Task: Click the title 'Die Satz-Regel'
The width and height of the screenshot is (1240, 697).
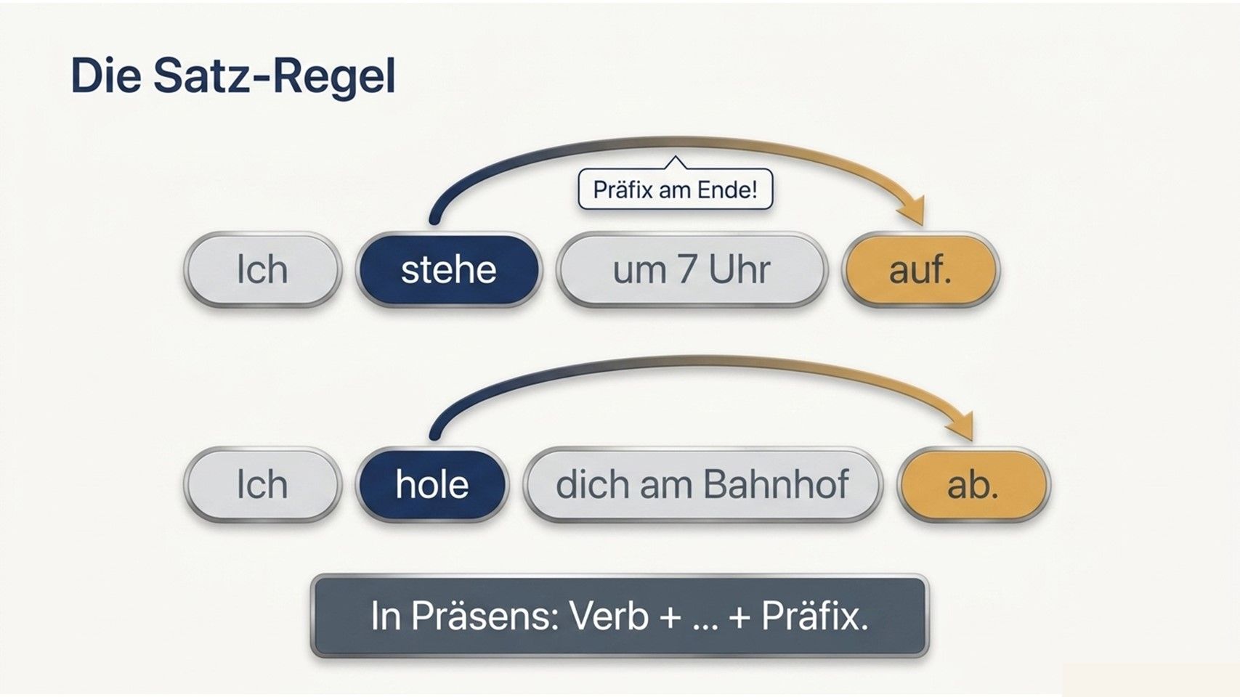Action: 233,76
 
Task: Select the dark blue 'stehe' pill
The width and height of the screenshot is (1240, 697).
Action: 448,270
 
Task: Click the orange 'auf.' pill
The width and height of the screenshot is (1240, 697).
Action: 920,270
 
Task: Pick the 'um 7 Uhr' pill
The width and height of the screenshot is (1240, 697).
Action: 692,270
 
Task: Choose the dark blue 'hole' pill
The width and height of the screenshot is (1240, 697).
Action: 432,484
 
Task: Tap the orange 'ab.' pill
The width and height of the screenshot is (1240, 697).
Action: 973,484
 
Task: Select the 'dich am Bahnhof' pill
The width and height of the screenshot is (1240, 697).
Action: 702,484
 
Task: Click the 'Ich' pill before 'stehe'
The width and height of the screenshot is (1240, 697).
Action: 262,270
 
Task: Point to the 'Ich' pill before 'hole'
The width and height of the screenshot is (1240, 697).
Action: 262,484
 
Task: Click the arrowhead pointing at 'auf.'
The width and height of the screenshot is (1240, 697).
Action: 913,211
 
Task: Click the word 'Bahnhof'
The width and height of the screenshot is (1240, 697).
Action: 776,484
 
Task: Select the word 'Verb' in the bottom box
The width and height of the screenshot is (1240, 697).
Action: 609,616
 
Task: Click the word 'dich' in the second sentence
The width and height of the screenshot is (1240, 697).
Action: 592,484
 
